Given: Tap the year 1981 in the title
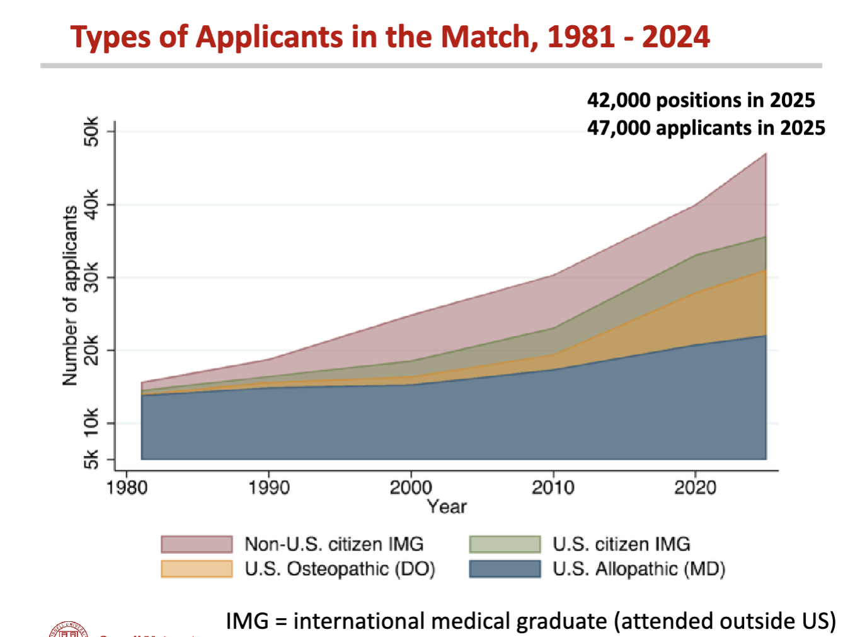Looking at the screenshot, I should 580,37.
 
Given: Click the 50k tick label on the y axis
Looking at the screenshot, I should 92,131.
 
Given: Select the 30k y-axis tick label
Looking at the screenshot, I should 92,277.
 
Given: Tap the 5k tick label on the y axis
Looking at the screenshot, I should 92,459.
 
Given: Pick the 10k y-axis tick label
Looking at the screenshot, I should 92,423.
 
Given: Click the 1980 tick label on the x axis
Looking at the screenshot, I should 127,488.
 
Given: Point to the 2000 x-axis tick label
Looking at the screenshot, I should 411,488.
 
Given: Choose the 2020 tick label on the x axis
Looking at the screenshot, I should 695,488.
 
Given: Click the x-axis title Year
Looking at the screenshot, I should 447,506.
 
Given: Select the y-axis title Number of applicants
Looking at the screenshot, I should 70,295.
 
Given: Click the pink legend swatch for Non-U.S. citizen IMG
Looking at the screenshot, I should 197,544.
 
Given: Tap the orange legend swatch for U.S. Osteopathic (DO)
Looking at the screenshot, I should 197,569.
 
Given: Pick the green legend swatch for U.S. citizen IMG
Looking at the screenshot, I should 505,544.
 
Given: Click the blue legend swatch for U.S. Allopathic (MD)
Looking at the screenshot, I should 505,569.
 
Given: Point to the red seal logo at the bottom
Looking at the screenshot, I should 68,630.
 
